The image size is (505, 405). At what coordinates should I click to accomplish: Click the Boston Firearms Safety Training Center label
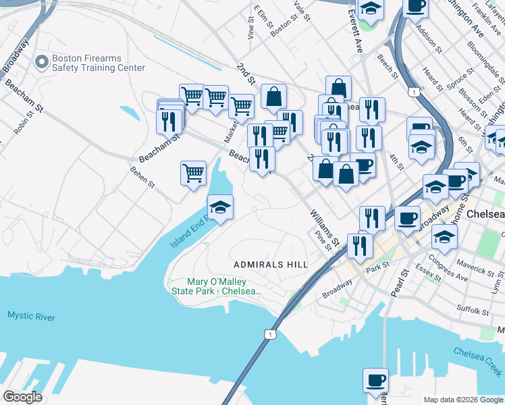point(99,63)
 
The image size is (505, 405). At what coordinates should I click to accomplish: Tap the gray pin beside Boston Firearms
point(42,63)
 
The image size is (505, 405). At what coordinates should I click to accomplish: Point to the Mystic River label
point(31,316)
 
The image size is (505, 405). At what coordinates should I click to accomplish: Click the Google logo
point(22,397)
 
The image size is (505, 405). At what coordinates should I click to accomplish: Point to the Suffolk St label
point(473,311)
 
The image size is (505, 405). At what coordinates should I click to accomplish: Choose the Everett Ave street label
point(355,32)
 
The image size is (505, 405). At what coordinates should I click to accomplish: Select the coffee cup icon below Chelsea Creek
point(375,380)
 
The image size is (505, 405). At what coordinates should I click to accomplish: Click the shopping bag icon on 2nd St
point(273,97)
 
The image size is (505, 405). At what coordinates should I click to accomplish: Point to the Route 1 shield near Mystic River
point(270,334)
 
